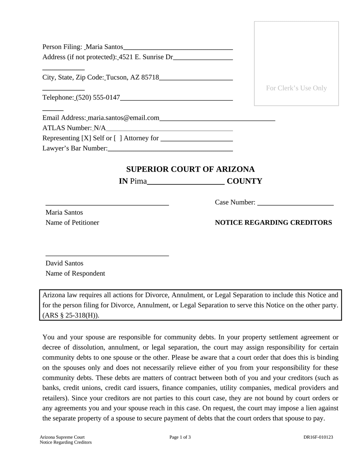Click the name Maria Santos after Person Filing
click(104, 47)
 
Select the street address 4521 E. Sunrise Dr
click(146, 57)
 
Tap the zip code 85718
click(150, 77)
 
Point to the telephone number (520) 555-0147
click(98, 97)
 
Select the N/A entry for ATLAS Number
click(100, 128)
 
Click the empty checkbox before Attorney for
click(118, 138)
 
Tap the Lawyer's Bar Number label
click(75, 148)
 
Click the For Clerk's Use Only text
click(296, 88)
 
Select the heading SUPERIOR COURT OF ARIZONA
click(190, 169)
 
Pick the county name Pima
click(138, 181)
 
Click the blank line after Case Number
click(295, 202)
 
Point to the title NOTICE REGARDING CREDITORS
click(273, 222)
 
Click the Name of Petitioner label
click(72, 223)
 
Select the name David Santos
click(64, 263)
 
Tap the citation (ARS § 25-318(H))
click(71, 315)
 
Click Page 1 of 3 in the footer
click(180, 437)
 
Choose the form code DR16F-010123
click(318, 437)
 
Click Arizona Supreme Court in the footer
click(62, 437)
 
